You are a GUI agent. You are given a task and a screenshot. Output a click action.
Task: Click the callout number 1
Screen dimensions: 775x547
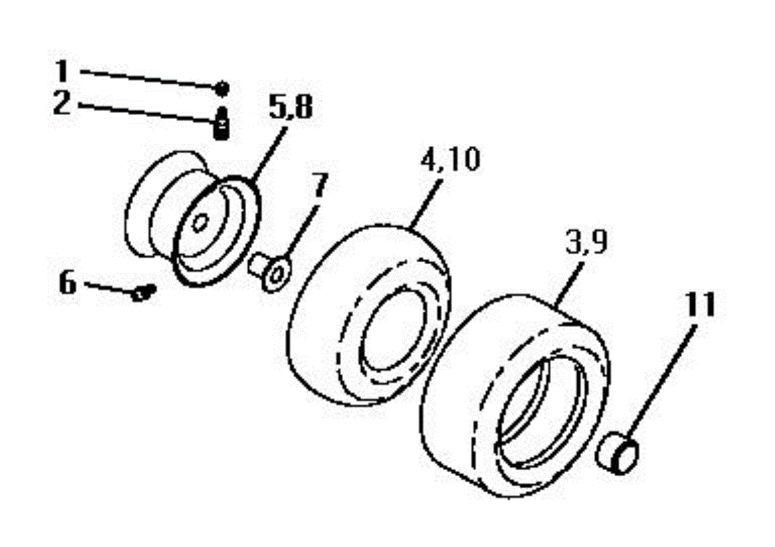(62, 71)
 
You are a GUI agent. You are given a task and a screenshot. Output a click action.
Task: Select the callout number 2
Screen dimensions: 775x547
(61, 103)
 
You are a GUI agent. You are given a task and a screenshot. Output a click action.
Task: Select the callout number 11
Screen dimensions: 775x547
(700, 304)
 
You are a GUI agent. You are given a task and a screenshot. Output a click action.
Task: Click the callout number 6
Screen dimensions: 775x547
(67, 282)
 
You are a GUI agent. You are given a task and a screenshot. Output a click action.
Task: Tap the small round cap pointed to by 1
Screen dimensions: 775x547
(222, 88)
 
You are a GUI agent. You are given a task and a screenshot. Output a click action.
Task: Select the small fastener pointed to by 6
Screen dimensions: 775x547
(144, 293)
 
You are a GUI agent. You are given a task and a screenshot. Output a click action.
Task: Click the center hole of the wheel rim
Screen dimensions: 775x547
(200, 223)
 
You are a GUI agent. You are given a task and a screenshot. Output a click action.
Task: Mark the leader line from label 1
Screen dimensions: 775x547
(148, 79)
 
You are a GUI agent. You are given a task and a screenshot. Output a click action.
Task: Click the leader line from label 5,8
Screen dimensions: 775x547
(269, 154)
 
